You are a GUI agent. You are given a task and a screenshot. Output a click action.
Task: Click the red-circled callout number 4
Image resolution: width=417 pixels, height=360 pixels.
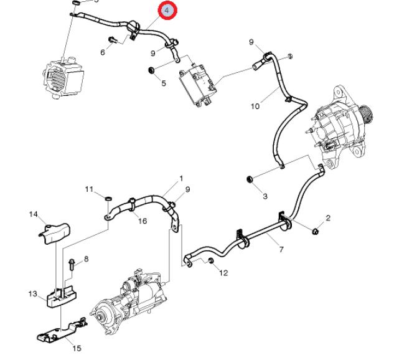pos(167,11)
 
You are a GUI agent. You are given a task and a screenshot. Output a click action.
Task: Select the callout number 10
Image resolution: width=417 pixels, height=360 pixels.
pos(255,106)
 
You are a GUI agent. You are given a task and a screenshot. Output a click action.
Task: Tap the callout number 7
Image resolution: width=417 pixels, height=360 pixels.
pos(281,250)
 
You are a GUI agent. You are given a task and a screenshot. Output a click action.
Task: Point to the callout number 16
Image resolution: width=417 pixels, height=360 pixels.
pos(143,221)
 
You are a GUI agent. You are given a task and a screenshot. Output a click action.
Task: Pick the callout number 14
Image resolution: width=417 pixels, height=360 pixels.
pos(34,214)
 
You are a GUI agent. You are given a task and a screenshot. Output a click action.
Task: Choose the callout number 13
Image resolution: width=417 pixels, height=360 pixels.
pos(33,293)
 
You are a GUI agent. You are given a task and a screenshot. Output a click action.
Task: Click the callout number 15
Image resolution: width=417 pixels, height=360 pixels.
pos(77,348)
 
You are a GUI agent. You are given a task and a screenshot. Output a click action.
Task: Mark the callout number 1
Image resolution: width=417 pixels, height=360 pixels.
pos(181,178)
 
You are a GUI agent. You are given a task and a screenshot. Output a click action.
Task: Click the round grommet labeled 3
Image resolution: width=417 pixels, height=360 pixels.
pos(251,181)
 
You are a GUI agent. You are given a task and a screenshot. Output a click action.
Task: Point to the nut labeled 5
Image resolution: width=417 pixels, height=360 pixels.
pos(151,69)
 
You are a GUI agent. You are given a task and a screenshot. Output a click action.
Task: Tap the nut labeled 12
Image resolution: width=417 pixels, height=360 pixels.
pos(210,259)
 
